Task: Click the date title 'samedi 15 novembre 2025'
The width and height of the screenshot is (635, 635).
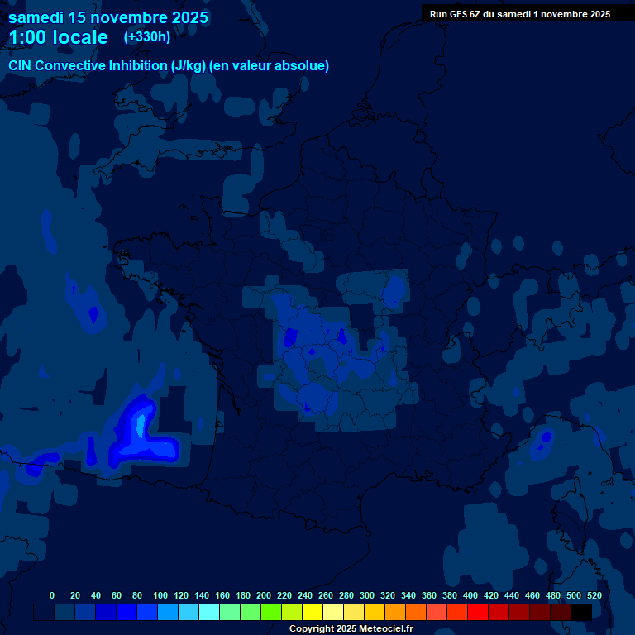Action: [107, 17]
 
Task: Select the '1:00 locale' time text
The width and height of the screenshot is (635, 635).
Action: [58, 37]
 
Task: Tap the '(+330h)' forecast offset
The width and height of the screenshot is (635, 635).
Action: [147, 36]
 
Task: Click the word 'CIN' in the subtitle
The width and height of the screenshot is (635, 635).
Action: [21, 66]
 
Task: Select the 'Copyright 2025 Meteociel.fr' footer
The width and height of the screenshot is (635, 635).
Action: [351, 628]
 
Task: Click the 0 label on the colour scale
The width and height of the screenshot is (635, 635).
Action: [52, 595]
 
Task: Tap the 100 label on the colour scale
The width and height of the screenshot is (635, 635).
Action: [160, 595]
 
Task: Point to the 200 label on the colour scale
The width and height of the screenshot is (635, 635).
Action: [264, 595]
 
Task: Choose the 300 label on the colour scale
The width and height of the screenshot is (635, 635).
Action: [367, 595]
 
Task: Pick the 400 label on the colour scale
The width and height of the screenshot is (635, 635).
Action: [470, 595]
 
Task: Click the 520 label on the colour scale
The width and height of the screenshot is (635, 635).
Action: [594, 595]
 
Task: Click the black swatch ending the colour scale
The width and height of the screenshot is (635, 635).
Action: [581, 612]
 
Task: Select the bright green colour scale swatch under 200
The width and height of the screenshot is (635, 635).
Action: [271, 612]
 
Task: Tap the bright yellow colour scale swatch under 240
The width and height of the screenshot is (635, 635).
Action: [313, 612]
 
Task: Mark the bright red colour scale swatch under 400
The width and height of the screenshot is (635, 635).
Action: [478, 612]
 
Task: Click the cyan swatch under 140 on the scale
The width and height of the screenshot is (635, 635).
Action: [209, 612]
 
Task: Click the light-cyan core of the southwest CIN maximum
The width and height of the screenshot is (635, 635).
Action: [141, 426]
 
